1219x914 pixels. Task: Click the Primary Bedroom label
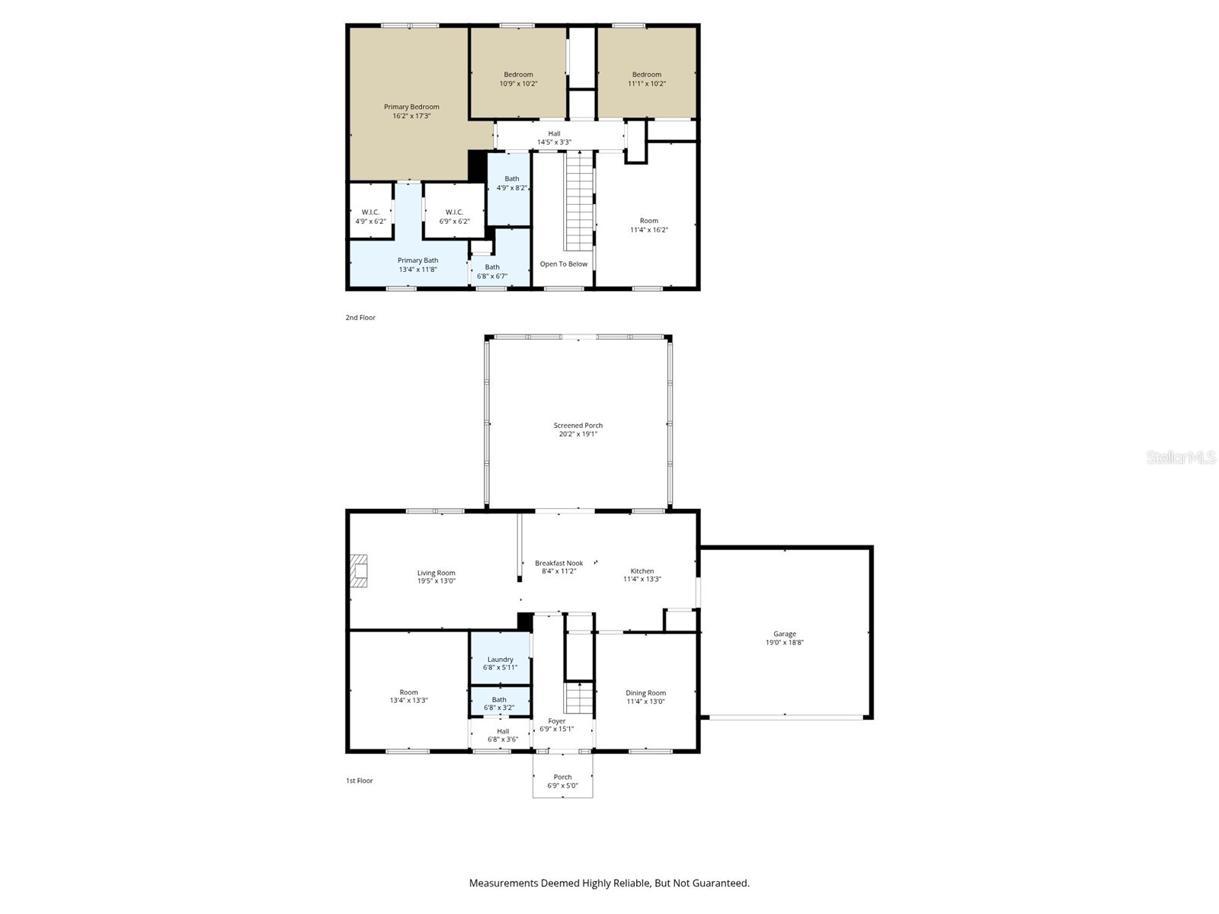411,107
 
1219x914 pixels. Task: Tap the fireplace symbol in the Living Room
359,571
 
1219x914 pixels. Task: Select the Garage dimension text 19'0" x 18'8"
785,643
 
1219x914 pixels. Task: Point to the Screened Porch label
578,426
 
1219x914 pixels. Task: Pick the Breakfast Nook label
558,564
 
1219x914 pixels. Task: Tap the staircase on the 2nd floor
579,202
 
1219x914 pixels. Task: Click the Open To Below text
564,264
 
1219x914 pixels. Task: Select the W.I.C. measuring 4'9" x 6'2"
370,217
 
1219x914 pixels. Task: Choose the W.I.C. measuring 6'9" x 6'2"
454,217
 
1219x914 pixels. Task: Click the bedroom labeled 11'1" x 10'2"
646,79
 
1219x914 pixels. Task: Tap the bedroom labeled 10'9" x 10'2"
518,79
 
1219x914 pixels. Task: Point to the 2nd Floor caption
360,318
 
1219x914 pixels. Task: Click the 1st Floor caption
360,781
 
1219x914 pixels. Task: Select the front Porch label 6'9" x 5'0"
562,781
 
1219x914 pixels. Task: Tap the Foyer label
557,721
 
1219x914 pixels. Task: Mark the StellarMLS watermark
1181,458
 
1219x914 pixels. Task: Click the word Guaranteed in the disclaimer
719,884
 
